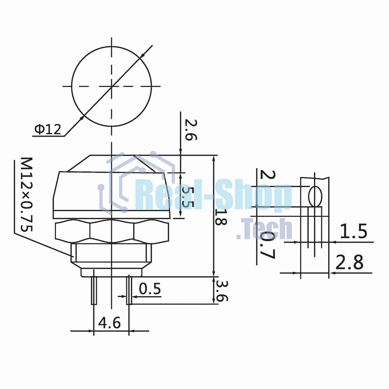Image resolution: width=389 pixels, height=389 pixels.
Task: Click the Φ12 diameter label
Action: pyautogui.click(x=47, y=129)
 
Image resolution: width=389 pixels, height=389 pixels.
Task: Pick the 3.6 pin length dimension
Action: pyautogui.click(x=222, y=291)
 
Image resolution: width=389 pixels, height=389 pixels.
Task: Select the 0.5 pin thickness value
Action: pyautogui.click(x=150, y=289)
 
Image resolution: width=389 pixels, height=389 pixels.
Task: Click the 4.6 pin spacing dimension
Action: pyautogui.click(x=109, y=323)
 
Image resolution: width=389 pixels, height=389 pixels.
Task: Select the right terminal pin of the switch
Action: pyautogui.click(x=129, y=290)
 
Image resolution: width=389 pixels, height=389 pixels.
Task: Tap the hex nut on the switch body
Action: pyautogui.click(x=112, y=230)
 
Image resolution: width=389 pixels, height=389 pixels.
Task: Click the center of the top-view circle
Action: pyautogui.click(x=112, y=87)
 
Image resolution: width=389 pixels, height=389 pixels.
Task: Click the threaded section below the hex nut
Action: pyautogui.click(x=112, y=253)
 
